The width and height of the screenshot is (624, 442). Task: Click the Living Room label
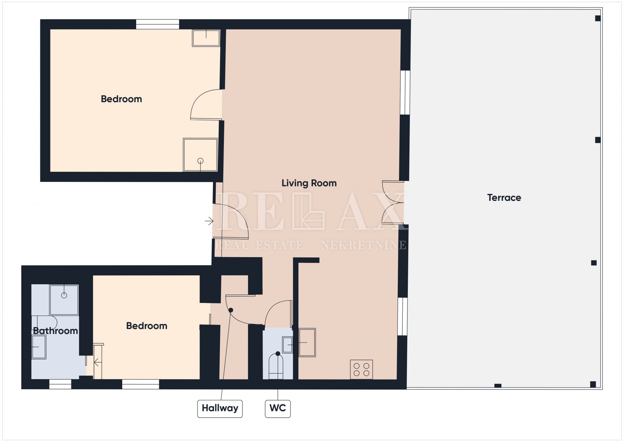point(309,183)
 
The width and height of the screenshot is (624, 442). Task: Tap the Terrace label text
point(504,198)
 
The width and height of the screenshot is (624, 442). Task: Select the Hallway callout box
point(220,408)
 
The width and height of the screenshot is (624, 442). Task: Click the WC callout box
point(278,408)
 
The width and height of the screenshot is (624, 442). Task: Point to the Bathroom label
point(56,331)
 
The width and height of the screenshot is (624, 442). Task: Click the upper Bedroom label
point(122,99)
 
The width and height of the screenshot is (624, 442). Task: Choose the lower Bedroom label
point(147,326)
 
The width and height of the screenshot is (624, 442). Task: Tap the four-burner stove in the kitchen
point(361,369)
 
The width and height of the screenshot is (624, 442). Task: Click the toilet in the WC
point(276,367)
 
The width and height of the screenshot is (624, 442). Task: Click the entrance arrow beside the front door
point(209,221)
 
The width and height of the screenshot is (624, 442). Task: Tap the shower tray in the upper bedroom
point(200,155)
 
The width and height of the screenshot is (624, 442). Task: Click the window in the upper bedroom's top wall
point(157,24)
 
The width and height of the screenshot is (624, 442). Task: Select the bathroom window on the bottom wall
point(60,384)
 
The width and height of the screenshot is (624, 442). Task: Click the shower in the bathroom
point(64,300)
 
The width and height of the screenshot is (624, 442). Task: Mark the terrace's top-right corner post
point(598,18)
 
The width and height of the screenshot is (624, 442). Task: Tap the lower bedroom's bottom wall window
point(141,384)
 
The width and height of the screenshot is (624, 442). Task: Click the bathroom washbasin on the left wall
point(39,347)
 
